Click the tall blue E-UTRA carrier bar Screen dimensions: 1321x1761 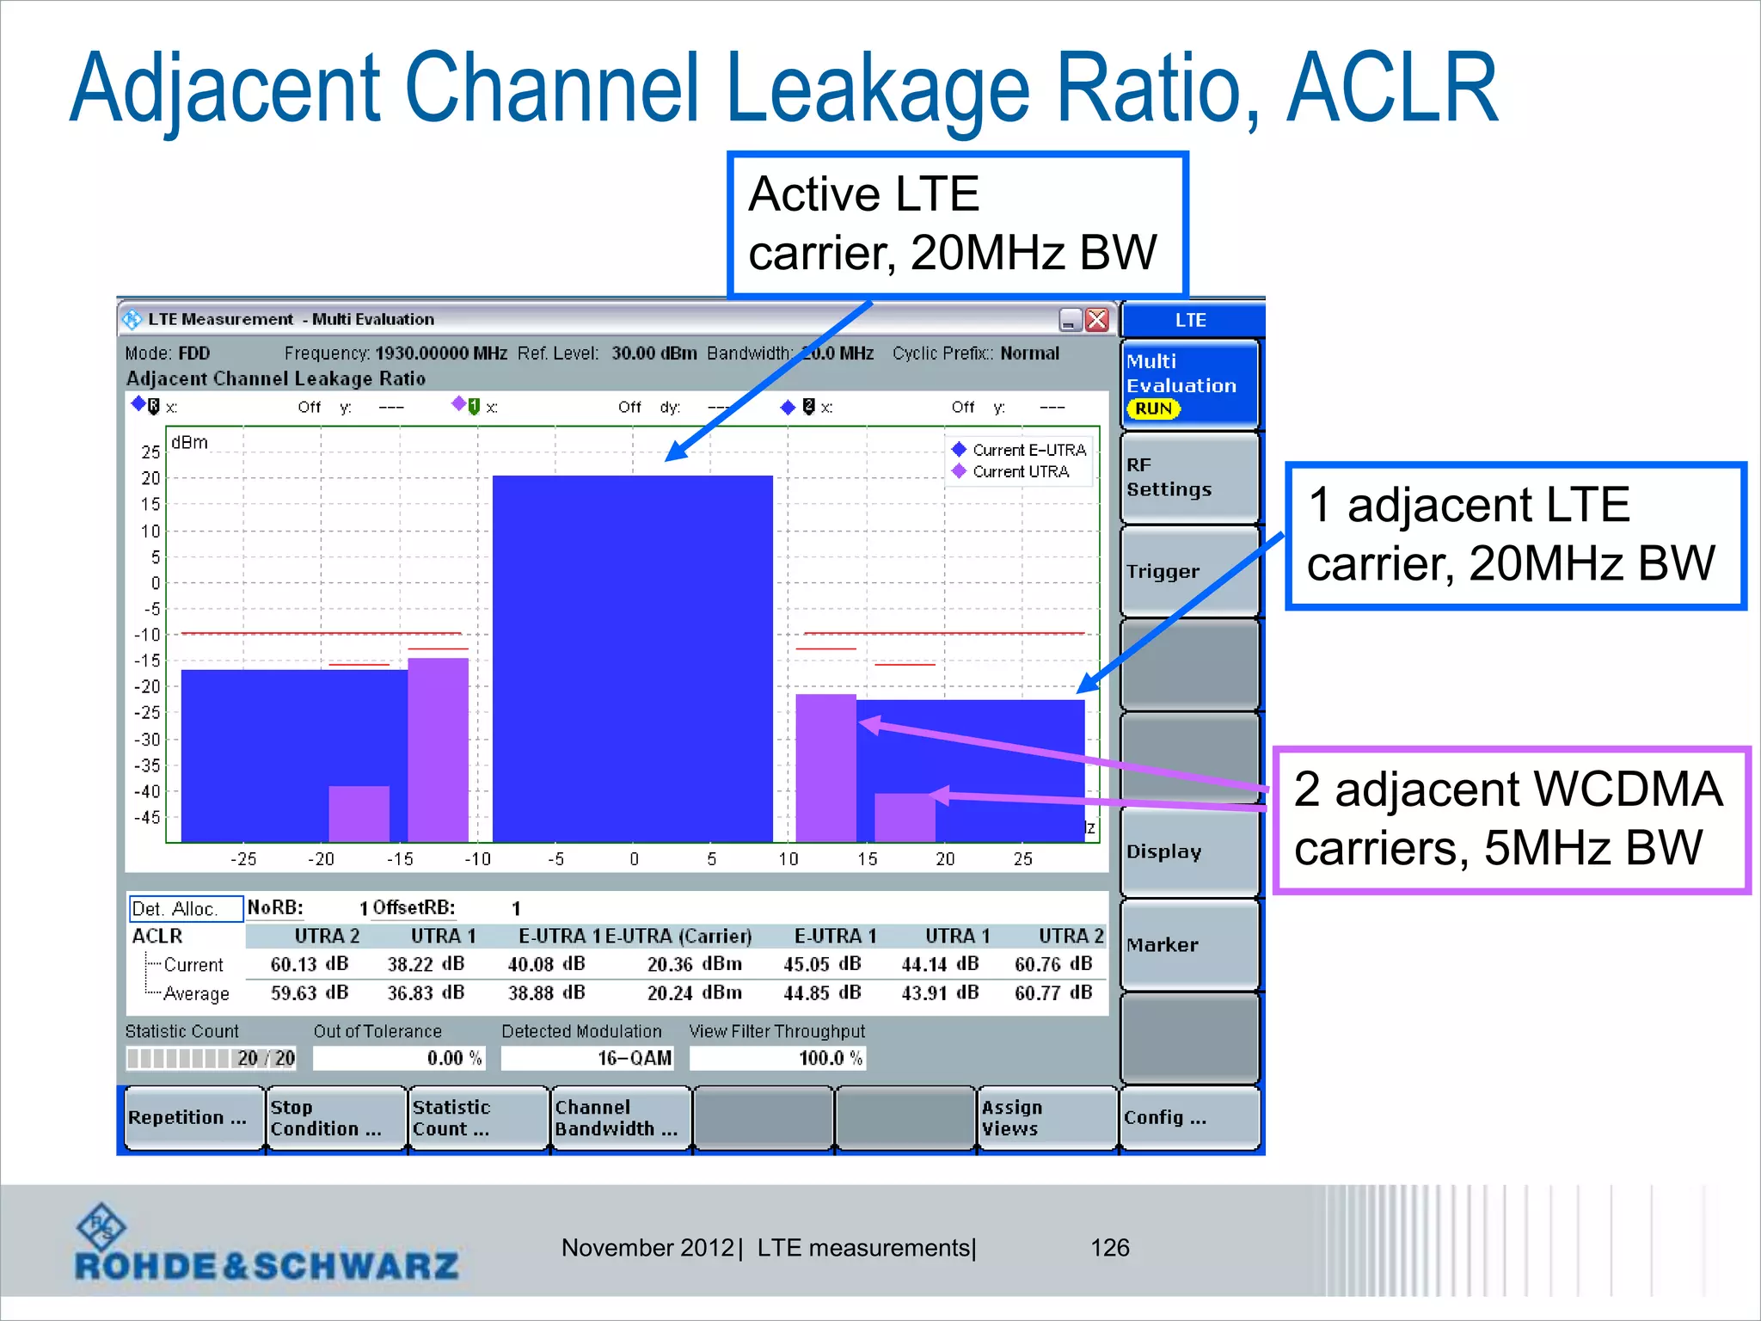632,658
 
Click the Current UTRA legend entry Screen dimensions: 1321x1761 1020,472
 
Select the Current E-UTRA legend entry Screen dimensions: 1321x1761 1028,450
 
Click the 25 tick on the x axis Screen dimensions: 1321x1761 1022,859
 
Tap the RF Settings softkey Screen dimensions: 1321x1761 1189,477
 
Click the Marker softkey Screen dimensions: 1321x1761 1189,944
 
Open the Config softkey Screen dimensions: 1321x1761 1189,1117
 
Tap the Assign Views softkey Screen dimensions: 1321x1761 1046,1117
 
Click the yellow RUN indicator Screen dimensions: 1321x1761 1153,409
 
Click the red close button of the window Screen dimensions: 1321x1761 1097,320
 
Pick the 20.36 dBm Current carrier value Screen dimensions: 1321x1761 693,964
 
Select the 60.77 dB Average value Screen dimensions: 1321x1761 1052,992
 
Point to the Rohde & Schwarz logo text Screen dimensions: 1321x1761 267,1265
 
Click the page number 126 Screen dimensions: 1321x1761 1109,1248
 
